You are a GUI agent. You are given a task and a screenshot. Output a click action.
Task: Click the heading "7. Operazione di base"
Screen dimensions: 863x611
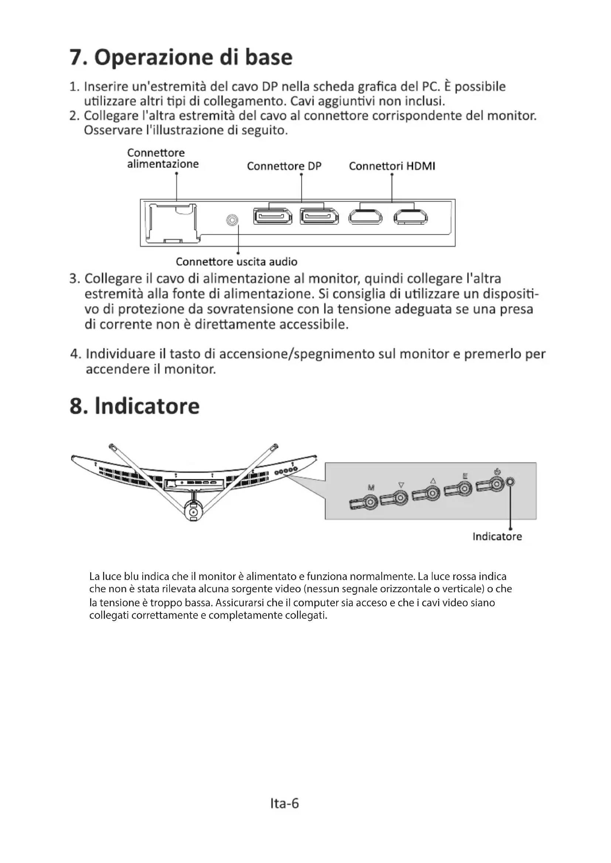(181, 57)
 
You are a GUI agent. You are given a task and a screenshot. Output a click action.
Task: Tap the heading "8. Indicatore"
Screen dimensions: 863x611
(134, 406)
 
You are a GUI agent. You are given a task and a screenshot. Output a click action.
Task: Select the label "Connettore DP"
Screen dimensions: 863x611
(284, 166)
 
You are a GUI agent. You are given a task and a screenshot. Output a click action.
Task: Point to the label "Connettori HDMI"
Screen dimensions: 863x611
(392, 166)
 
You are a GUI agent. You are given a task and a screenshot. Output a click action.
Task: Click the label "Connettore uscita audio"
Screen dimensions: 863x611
(236, 262)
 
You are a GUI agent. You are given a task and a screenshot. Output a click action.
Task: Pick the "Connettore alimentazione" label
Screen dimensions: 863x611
(163, 158)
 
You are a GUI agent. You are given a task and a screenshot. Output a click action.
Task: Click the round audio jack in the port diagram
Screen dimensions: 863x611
(232, 220)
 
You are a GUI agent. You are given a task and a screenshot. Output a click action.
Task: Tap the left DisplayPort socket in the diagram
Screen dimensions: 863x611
(273, 217)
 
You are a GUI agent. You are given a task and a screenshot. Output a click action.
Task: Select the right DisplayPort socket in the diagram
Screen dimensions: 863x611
(319, 217)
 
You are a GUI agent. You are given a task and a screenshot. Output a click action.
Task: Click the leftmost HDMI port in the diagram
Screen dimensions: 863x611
(365, 217)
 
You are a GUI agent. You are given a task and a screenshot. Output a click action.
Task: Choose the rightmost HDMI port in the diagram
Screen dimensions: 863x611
(410, 217)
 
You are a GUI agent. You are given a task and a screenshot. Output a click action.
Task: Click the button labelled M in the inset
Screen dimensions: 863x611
(371, 502)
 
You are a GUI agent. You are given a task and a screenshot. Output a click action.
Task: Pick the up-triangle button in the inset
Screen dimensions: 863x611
(433, 493)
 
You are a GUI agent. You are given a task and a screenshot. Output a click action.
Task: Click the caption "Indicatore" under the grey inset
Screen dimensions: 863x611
(497, 536)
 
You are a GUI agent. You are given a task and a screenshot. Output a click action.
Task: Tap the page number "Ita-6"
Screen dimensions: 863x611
(284, 803)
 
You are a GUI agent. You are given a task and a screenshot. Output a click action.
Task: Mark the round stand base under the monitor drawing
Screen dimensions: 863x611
(193, 512)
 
